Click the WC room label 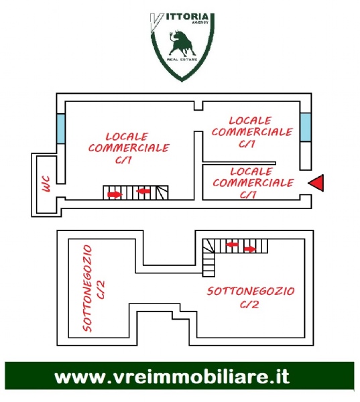click(x=46, y=184)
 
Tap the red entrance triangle click(x=316, y=182)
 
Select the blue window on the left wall click(x=61, y=129)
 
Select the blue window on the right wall click(x=306, y=127)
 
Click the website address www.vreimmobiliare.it click(x=172, y=377)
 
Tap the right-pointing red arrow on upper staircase click(x=115, y=194)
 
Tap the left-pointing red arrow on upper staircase click(x=143, y=191)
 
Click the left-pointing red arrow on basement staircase click(x=232, y=245)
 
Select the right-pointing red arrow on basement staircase click(x=250, y=249)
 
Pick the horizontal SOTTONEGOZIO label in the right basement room click(x=251, y=291)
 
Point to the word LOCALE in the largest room click(x=127, y=137)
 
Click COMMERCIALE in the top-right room click(x=252, y=132)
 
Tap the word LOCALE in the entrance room click(x=251, y=172)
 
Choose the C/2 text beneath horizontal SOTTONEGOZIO click(x=249, y=305)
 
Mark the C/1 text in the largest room click(x=123, y=160)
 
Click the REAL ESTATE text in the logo click(x=182, y=60)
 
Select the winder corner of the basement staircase click(x=208, y=246)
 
